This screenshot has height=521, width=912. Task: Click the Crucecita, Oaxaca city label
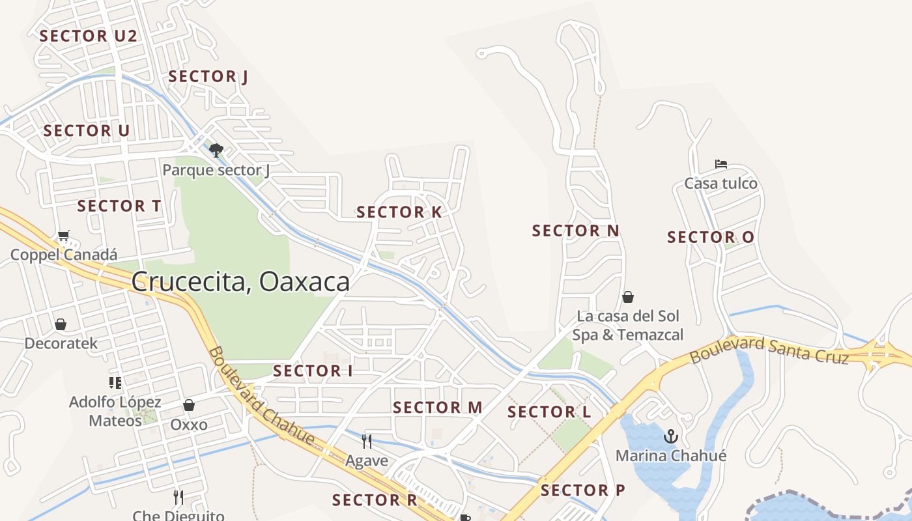tap(240, 282)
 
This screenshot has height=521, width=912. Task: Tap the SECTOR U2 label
tap(88, 36)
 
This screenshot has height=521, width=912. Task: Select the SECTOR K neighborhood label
tap(399, 212)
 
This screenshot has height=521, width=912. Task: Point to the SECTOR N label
tap(575, 231)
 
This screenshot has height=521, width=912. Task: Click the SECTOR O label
tap(710, 238)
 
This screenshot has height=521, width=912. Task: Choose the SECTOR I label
tap(313, 371)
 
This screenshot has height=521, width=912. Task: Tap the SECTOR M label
tap(437, 408)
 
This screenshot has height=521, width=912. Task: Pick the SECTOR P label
tap(582, 490)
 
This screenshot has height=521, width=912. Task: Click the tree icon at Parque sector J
tap(216, 150)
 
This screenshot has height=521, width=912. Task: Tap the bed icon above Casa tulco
tap(720, 164)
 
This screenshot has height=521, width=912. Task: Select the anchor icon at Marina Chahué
tap(670, 436)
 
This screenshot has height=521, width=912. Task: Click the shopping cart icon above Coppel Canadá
tap(63, 235)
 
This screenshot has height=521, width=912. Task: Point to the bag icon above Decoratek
tap(61, 324)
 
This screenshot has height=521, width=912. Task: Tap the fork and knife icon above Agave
tap(367, 442)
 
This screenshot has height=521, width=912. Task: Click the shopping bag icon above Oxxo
tap(189, 405)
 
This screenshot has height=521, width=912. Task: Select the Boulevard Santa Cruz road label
tap(769, 351)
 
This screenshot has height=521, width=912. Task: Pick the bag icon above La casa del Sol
tap(628, 297)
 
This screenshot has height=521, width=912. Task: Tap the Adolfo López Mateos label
tap(115, 411)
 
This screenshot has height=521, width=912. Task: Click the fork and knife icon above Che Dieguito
tap(178, 498)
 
